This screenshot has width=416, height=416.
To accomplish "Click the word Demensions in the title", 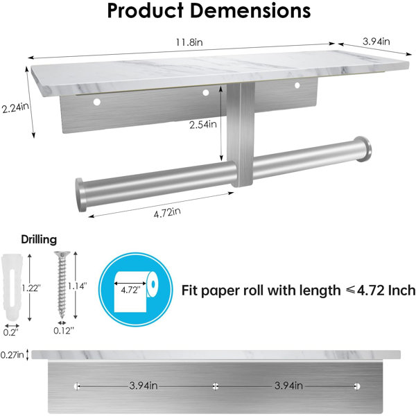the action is [250, 10].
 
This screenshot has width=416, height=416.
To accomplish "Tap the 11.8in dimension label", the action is [189, 42].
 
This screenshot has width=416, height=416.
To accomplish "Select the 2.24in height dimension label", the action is [15, 107].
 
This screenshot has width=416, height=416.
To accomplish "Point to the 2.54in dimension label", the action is [203, 124].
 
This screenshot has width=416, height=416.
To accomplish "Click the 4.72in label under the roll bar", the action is [167, 213].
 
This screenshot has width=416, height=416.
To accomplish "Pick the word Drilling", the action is [39, 240].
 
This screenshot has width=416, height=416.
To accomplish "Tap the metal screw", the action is [62, 285].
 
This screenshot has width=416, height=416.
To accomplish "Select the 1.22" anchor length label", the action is [31, 288].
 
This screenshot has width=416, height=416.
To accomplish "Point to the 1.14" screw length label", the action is [77, 286].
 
